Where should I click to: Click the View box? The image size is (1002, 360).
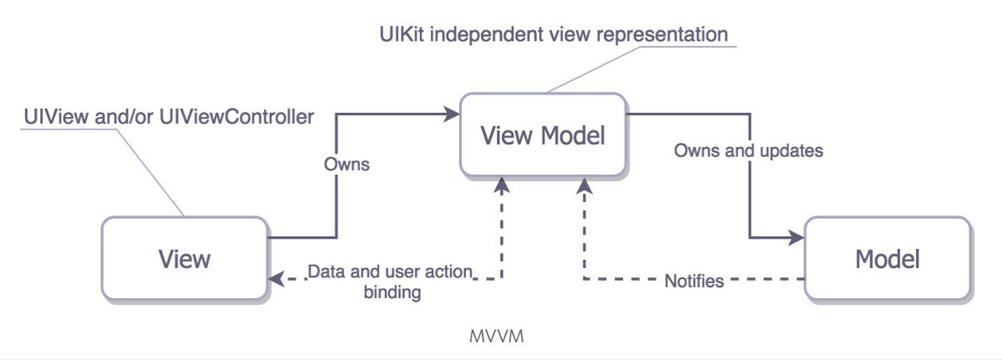pyautogui.click(x=185, y=258)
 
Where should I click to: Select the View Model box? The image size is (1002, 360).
pyautogui.click(x=543, y=134)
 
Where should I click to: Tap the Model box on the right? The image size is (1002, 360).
pyautogui.click(x=888, y=258)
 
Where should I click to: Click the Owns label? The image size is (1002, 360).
pyautogui.click(x=347, y=164)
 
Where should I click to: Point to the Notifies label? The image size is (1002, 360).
pyautogui.click(x=694, y=281)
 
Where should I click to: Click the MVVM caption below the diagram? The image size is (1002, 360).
pyautogui.click(x=497, y=337)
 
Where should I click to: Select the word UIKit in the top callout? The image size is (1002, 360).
pyautogui.click(x=402, y=34)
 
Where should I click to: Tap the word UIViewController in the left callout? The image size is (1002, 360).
pyautogui.click(x=236, y=117)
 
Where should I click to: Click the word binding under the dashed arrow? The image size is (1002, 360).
pyautogui.click(x=392, y=293)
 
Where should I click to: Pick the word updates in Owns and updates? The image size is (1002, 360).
pyautogui.click(x=792, y=151)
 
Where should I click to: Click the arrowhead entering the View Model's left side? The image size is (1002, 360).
pyautogui.click(x=451, y=114)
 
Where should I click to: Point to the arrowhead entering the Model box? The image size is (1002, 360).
pyautogui.click(x=796, y=237)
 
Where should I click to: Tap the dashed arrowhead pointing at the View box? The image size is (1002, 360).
pyautogui.click(x=276, y=279)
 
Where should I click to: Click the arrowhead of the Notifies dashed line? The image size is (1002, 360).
pyautogui.click(x=584, y=185)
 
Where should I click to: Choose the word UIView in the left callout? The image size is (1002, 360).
pyautogui.click(x=56, y=117)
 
